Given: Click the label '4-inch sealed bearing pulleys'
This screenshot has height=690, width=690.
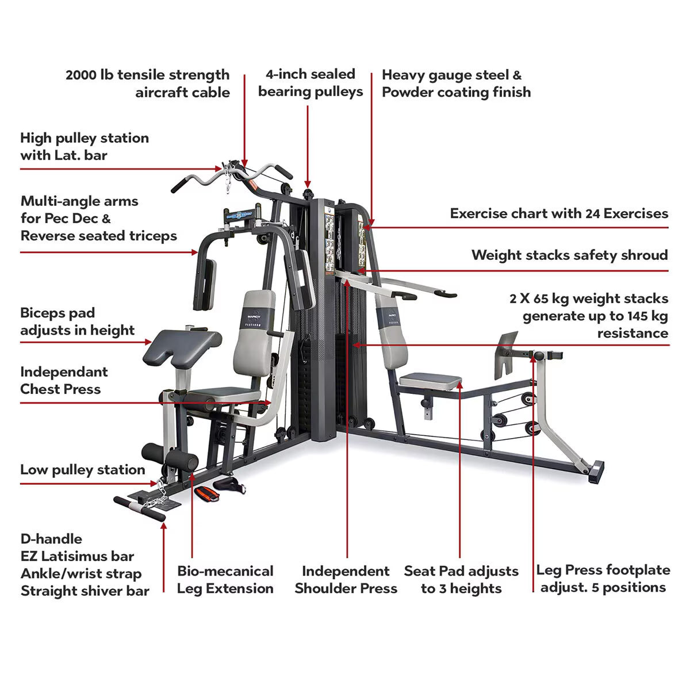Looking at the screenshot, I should point(310,83).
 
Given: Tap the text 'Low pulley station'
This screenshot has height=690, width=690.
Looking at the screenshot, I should point(82,470).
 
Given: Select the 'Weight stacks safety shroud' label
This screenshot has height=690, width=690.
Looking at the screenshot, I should point(569,255).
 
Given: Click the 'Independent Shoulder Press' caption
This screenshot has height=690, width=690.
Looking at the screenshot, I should point(346,580).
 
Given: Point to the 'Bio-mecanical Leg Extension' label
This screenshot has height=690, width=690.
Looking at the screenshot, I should point(225,580).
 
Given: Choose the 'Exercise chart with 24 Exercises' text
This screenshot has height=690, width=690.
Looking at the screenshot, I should point(559,213).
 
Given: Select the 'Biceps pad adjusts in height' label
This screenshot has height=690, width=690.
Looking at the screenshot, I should point(77,321).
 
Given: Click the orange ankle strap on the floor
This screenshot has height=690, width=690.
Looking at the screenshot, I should point(204,493).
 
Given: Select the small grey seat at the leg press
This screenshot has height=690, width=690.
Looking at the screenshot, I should point(431,379).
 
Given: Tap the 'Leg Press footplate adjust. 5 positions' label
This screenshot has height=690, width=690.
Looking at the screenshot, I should point(603,578).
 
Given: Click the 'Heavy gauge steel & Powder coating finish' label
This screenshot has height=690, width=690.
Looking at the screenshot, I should point(456,83).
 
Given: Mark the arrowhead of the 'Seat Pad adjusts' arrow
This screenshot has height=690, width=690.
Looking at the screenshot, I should point(461,382).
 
